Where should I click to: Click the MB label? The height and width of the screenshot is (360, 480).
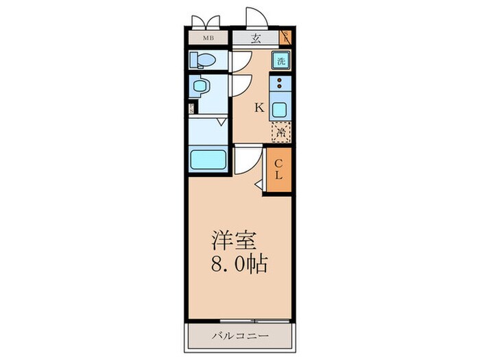point(206,38)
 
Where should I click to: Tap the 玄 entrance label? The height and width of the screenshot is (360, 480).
point(256,38)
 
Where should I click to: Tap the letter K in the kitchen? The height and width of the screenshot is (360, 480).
point(259,107)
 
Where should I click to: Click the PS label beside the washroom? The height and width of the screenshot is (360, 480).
point(192,108)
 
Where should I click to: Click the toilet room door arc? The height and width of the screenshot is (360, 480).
point(239,62)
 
